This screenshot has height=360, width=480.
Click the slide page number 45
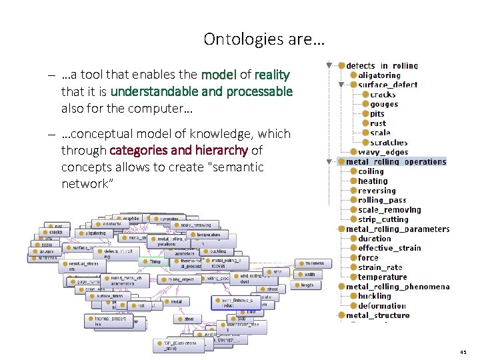(x=463, y=351)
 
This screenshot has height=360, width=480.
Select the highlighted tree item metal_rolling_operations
(x=396, y=161)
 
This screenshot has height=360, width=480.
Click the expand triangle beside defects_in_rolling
(x=330, y=66)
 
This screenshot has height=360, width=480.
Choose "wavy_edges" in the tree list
(x=383, y=152)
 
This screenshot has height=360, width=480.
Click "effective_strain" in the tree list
(x=389, y=248)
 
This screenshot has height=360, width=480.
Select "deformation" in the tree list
(x=382, y=306)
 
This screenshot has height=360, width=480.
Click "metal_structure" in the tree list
(x=377, y=315)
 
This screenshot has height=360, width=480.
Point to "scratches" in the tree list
(x=388, y=143)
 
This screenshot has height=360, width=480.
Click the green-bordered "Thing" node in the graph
(x=155, y=261)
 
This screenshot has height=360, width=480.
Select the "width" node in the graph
(x=309, y=274)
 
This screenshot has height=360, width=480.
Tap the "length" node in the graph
(x=307, y=285)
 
